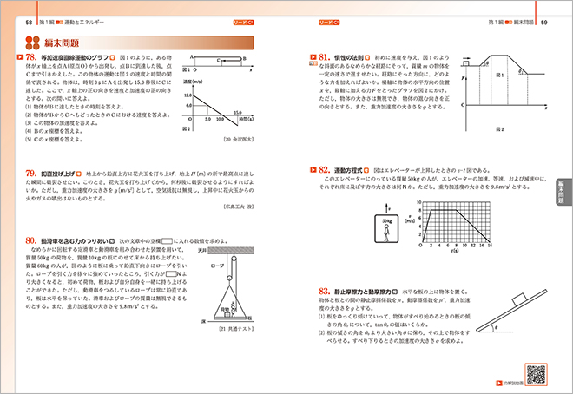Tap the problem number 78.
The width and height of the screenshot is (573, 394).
[32, 57]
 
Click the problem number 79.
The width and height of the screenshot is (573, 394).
[32, 174]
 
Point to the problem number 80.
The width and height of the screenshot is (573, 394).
[32, 240]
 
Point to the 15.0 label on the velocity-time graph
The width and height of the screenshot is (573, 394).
[237, 113]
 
